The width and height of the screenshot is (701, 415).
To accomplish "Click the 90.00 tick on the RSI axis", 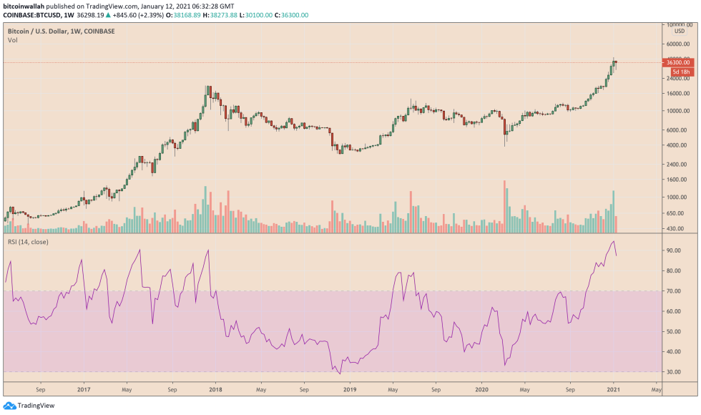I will pos(673,251).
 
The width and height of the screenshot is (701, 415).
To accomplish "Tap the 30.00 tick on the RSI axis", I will pos(673,372).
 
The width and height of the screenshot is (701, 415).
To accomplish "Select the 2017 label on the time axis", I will pos(84,391).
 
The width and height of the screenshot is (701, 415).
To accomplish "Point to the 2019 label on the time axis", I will pos(350,391).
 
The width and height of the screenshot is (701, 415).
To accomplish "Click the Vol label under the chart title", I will pos(12,41).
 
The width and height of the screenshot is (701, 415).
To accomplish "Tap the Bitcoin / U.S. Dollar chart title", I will pos(61,31).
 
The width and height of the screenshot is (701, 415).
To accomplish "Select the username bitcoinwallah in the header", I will pos(26,5).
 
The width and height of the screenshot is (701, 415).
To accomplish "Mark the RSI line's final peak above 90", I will pos(613,242).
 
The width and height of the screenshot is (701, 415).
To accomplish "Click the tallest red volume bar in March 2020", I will pos(504,207).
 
